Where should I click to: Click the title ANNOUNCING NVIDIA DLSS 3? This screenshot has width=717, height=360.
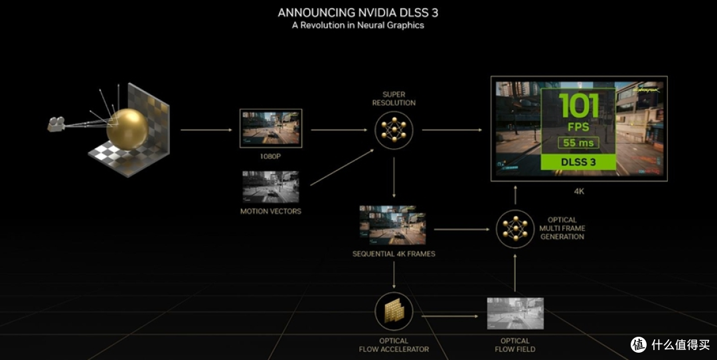coord(358,13)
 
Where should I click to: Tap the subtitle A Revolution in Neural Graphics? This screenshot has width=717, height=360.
coord(358,25)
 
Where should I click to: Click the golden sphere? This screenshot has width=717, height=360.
coord(127,130)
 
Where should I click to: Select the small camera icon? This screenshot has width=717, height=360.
coord(56,124)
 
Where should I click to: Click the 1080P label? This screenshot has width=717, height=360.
coord(270,157)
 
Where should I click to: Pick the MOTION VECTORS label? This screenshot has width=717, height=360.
coord(271,211)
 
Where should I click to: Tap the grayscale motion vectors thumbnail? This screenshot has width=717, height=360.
coord(271,187)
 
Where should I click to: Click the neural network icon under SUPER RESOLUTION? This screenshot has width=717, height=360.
coord(394,130)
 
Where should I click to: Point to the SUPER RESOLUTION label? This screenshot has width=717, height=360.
coord(394,98)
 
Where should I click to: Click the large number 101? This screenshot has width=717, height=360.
coord(578,105)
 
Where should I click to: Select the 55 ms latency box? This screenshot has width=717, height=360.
coord(578,143)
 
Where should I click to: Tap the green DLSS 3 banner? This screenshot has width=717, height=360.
coord(578,162)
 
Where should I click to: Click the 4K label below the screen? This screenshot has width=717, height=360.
coord(579,191)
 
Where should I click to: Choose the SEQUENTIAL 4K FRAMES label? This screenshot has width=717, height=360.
coord(394,254)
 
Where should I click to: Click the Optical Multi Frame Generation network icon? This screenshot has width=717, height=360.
coord(515,228)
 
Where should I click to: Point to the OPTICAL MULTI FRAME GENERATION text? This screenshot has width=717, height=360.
coord(562,228)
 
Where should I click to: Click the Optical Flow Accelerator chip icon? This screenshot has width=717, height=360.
coord(394,312)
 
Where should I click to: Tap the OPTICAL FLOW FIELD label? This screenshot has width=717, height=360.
coord(515,345)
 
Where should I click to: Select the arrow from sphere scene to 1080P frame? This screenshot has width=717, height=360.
coord(206,130)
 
